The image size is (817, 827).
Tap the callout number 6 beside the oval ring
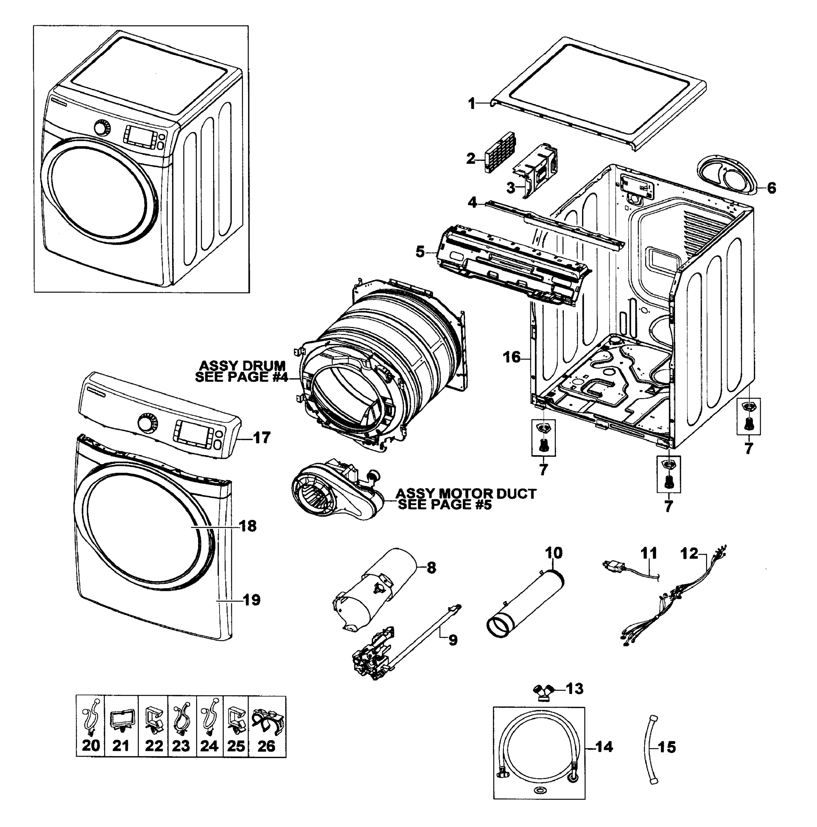click(x=771, y=187)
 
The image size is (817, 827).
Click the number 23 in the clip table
click(x=181, y=746)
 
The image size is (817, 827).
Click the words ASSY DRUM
click(x=242, y=366)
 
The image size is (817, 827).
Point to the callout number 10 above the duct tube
click(x=553, y=553)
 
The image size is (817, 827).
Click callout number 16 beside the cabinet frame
click(x=512, y=357)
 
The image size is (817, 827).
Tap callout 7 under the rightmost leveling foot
click(x=748, y=448)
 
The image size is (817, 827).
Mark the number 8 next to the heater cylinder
click(x=431, y=568)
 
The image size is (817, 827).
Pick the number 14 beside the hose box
click(x=604, y=747)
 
